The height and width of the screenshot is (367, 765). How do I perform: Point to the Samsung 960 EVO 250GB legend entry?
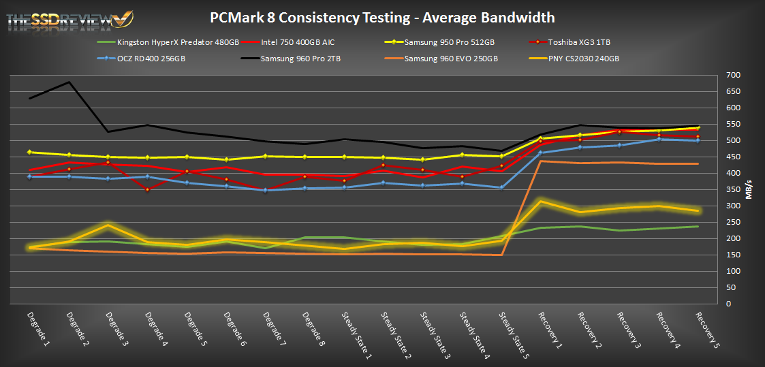[450, 59]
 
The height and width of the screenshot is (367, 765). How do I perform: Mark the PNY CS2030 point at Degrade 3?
[109, 225]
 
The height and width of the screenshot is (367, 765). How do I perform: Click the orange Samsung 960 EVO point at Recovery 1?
[541, 161]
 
